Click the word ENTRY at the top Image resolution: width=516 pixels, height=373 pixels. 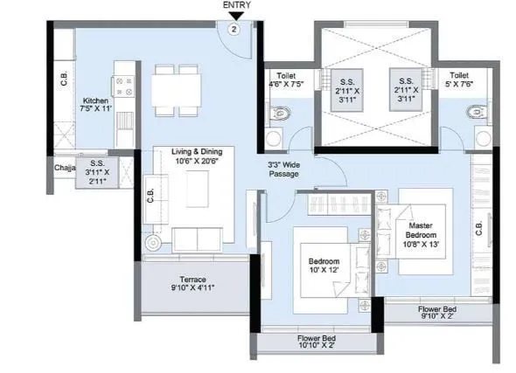236,5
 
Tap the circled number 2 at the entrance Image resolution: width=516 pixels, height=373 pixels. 234,28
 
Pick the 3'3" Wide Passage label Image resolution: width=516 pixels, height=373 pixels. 284,169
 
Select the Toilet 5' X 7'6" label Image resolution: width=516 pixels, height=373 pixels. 460,81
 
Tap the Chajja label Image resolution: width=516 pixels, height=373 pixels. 64,167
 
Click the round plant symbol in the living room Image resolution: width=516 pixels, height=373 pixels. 155,242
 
